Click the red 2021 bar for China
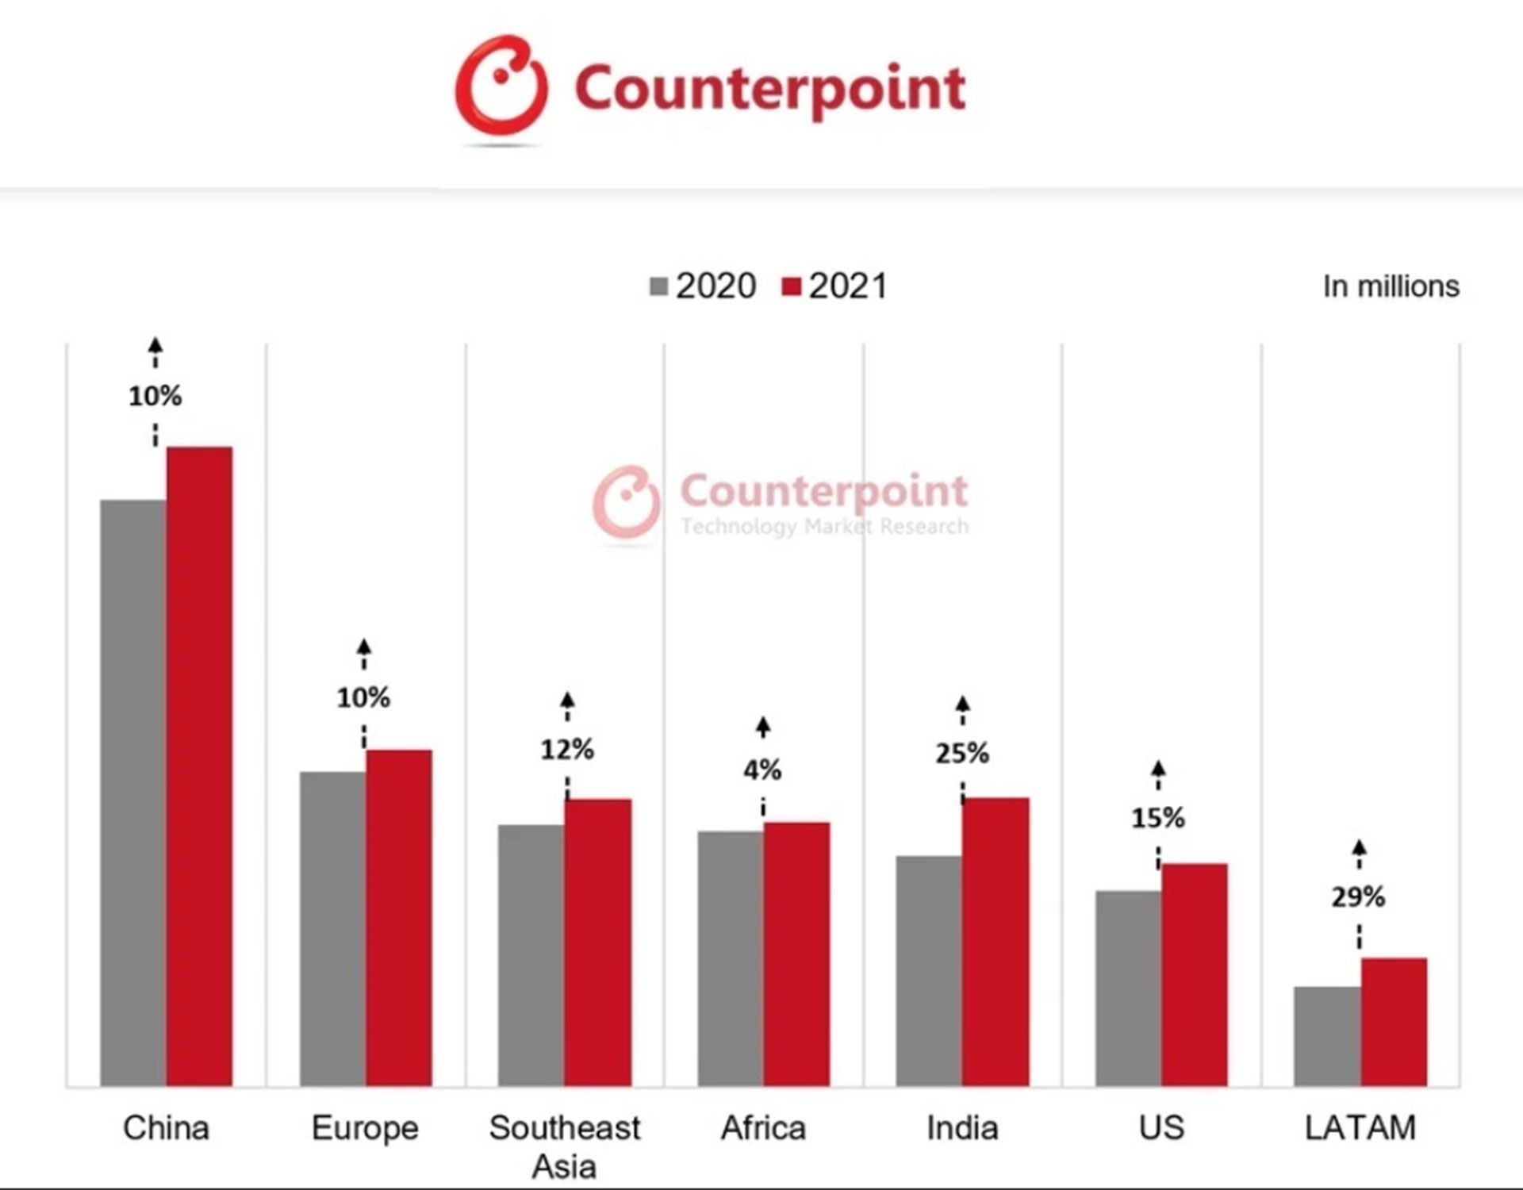tap(199, 766)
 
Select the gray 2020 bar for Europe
tap(332, 928)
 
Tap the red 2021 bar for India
tap(996, 942)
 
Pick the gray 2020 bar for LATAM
tap(1327, 1036)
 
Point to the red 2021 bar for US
tap(1195, 974)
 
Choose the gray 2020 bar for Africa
tap(731, 958)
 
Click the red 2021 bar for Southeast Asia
tap(598, 942)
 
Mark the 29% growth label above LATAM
tap(1358, 897)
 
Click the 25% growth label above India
tap(962, 753)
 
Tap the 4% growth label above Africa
tap(762, 769)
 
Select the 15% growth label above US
tap(1158, 817)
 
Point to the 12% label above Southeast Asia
tap(567, 749)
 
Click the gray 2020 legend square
tap(658, 286)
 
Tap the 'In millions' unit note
tap(1391, 286)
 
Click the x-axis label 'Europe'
tap(365, 1127)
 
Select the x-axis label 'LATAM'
tap(1360, 1127)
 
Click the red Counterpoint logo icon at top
tap(501, 86)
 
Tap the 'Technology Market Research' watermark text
tap(824, 526)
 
